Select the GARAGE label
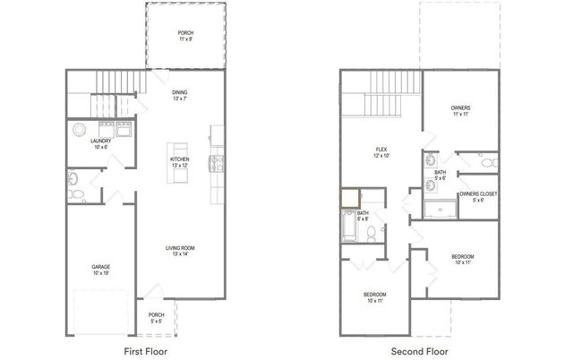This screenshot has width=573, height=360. coord(100,270)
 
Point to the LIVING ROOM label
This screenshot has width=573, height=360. coord(180,250)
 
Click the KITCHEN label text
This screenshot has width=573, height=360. coord(180,161)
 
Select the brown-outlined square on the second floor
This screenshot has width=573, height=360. coord(350,197)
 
